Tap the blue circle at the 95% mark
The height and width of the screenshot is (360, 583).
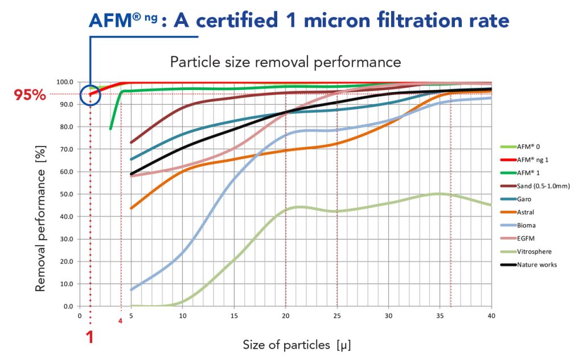90,95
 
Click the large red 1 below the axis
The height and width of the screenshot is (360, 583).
89,337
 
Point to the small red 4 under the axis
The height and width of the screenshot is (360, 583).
120,321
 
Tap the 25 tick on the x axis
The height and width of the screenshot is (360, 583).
337,315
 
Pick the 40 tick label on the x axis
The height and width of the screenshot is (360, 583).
491,315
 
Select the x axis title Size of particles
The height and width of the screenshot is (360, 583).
293,345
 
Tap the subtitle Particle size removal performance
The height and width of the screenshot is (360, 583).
285,61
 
